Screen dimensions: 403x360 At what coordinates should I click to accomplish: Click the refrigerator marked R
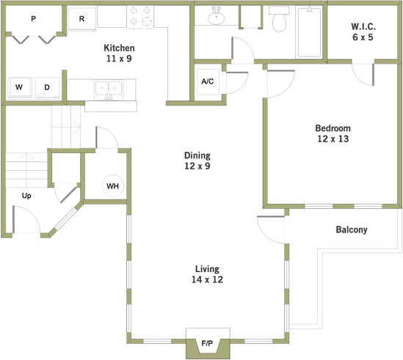(x=82, y=19)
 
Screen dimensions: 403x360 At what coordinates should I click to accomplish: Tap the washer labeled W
(x=20, y=87)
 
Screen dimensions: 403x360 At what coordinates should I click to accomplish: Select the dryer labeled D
(x=47, y=87)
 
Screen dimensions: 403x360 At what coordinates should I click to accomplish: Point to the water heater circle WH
(x=113, y=186)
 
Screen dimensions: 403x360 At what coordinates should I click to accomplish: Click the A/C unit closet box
(x=208, y=81)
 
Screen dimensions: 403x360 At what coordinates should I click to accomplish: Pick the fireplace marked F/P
(x=208, y=343)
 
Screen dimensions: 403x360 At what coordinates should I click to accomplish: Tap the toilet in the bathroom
(x=279, y=19)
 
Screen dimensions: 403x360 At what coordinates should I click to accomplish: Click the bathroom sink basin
(x=216, y=16)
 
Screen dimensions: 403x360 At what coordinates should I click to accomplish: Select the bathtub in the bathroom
(x=310, y=32)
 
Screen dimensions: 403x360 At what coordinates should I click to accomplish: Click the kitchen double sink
(x=108, y=89)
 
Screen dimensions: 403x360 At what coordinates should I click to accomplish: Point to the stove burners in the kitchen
(x=140, y=17)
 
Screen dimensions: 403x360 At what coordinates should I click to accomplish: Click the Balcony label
(x=352, y=229)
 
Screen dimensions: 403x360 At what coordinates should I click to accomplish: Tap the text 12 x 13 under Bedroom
(x=333, y=139)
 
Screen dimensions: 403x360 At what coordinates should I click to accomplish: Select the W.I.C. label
(x=363, y=26)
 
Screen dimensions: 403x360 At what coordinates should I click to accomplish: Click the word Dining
(x=197, y=155)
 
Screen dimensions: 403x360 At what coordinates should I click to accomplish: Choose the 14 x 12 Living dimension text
(x=208, y=279)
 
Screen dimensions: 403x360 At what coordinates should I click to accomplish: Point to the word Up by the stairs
(x=26, y=196)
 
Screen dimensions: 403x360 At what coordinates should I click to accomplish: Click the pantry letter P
(x=34, y=18)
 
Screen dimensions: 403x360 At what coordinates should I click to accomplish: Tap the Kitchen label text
(x=119, y=48)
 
